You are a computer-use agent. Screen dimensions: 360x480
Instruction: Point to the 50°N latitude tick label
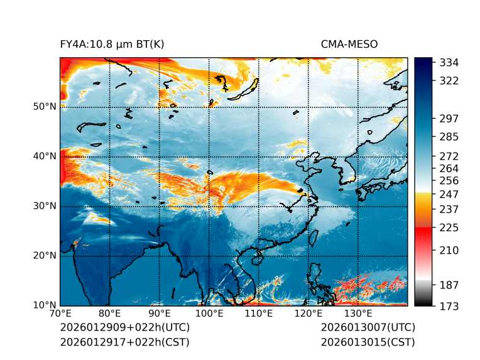[45, 107]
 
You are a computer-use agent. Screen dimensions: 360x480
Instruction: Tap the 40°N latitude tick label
[45, 156]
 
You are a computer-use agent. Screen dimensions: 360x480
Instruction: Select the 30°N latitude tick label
[45, 206]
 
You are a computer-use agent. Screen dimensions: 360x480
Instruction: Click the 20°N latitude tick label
[45, 256]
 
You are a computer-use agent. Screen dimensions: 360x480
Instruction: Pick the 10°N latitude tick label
[45, 305]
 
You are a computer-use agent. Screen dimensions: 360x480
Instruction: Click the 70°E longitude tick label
[60, 314]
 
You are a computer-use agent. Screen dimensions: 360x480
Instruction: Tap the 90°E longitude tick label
[160, 314]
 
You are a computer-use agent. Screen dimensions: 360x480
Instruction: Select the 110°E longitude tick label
[258, 314]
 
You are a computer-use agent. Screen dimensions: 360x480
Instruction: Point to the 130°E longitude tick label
[357, 314]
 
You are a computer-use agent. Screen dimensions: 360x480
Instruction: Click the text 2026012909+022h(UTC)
[124, 328]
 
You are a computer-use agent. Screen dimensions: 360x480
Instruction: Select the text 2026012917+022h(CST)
[124, 342]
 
